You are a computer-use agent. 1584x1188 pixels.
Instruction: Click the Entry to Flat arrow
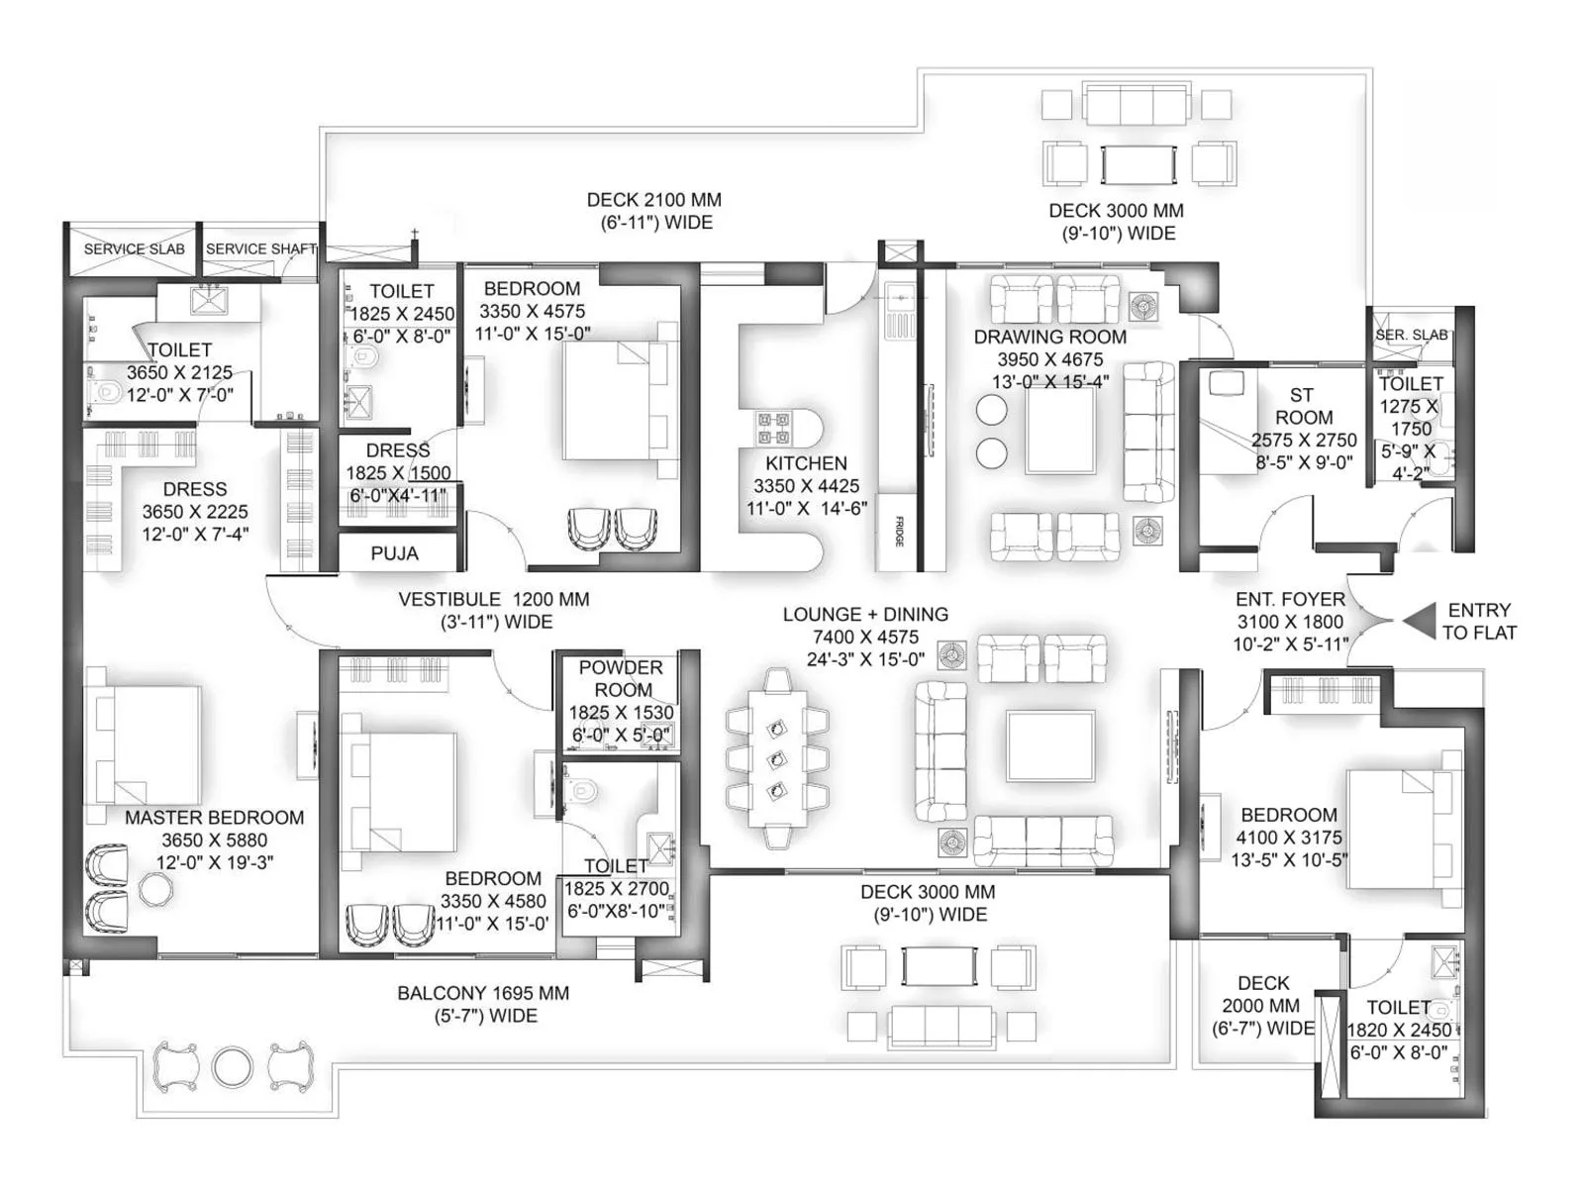click(x=1420, y=621)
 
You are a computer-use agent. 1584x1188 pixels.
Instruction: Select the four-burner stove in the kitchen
click(x=773, y=428)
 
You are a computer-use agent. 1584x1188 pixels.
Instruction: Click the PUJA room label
click(x=394, y=553)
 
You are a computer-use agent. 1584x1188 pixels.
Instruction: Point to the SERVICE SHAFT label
click(x=260, y=248)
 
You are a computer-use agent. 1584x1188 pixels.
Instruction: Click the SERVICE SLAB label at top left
click(x=134, y=248)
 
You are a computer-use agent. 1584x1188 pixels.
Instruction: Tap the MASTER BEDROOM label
click(x=214, y=818)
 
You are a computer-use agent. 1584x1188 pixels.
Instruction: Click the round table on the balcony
click(x=233, y=1066)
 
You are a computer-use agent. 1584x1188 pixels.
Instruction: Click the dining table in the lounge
click(x=777, y=757)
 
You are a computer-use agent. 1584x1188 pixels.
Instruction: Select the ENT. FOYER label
click(x=1290, y=600)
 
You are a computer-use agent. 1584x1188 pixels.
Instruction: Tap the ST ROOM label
click(x=1303, y=407)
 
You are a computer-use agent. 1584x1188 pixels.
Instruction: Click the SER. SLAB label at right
click(x=1411, y=335)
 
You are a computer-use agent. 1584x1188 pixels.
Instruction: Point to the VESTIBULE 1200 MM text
click(x=493, y=600)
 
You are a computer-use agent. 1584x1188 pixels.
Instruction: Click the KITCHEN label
click(x=806, y=463)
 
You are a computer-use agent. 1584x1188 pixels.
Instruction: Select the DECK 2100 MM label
click(x=653, y=200)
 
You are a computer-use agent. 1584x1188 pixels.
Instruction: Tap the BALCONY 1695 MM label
click(x=483, y=993)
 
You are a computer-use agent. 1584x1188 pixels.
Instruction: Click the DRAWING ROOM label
click(x=1049, y=337)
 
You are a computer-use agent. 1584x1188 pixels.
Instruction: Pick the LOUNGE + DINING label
click(x=865, y=615)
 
